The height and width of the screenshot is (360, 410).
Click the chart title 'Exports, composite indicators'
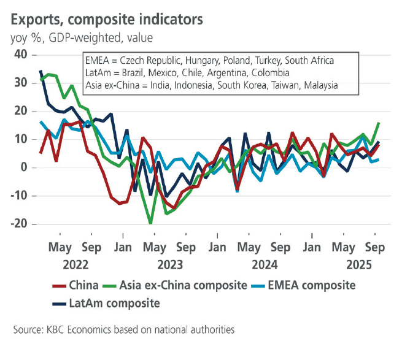[x=106, y=19]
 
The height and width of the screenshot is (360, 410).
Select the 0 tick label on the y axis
[x=25, y=167]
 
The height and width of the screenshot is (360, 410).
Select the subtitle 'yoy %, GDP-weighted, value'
[x=81, y=38]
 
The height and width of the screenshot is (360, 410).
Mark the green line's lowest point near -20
[x=150, y=223]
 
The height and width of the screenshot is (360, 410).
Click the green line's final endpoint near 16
[x=378, y=123]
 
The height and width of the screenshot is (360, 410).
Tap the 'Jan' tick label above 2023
[x=123, y=248]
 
